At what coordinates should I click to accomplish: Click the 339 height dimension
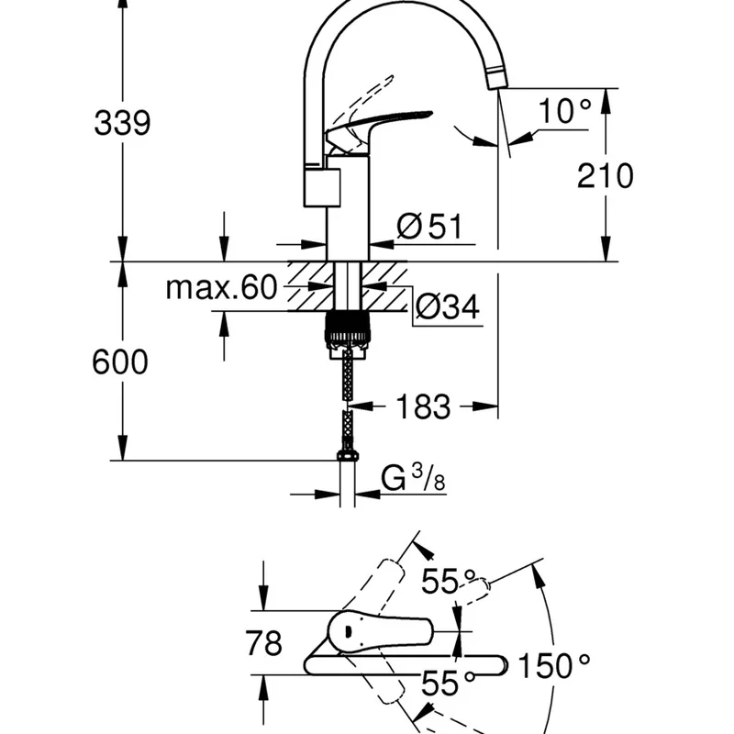121,122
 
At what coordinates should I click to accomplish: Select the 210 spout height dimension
605,174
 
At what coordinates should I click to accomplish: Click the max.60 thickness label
220,288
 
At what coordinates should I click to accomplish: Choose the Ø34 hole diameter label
447,307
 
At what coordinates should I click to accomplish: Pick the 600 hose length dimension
119,362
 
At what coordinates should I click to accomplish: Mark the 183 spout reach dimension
423,406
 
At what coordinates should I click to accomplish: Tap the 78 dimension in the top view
264,643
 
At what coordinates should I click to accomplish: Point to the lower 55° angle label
447,682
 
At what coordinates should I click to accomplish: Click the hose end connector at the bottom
348,455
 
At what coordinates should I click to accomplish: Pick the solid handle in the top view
381,630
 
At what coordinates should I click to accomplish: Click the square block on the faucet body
321,185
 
